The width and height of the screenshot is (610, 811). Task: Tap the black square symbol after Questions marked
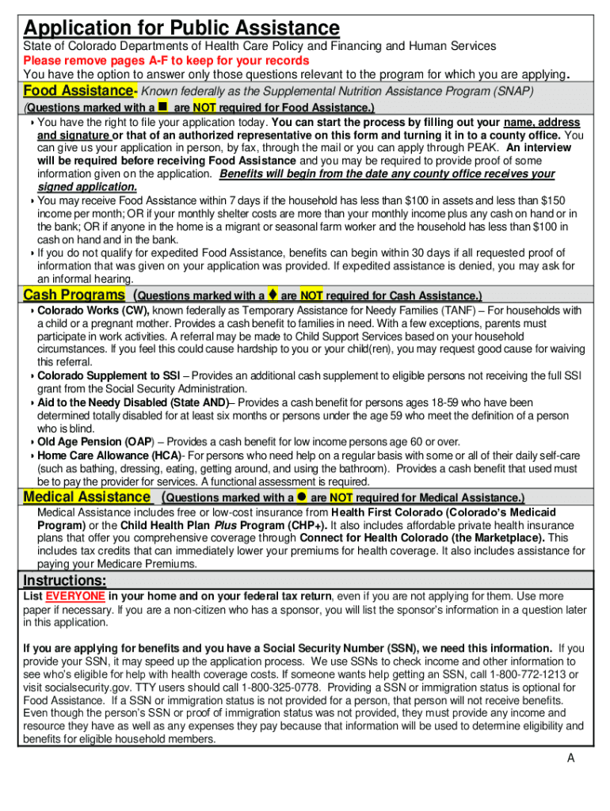coord(162,105)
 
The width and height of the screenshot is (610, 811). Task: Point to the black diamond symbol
coord(272,295)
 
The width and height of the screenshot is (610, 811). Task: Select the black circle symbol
coord(302,497)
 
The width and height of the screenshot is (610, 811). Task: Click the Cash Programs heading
coord(74,295)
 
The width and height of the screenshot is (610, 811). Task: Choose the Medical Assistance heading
coord(86,497)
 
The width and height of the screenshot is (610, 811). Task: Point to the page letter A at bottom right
coord(570,759)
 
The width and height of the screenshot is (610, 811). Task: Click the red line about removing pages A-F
coord(166,60)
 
